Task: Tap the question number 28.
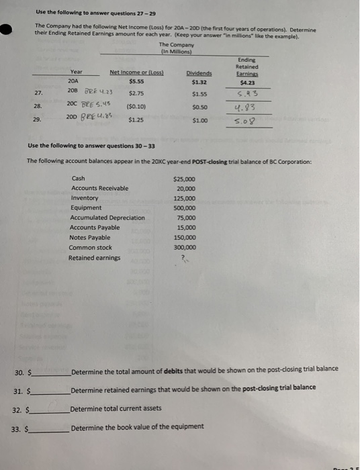pos(38,106)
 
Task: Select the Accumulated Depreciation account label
pos(107,218)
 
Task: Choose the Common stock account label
pos(90,247)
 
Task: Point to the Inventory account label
pos(84,198)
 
